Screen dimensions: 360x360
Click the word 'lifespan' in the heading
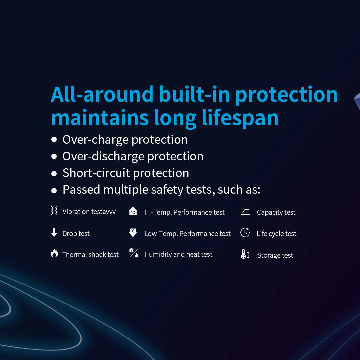pos(240,118)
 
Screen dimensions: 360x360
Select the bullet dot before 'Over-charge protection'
pos(54,139)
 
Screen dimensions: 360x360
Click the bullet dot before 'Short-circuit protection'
pos(54,174)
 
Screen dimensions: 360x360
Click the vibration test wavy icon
pos(54,210)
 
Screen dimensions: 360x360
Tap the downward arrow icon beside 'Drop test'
pos(54,232)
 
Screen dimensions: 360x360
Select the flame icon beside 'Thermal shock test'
pos(54,253)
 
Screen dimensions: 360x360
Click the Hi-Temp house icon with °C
pos(133,211)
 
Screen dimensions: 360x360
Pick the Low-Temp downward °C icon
pos(133,233)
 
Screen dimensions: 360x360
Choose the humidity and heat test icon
pos(134,253)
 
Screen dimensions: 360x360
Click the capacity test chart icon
pos(245,211)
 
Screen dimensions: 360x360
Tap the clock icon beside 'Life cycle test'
pos(245,232)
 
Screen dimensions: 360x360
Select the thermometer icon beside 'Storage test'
pos(245,254)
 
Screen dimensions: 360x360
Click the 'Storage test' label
pos(275,255)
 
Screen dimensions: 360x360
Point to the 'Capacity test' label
pos(276,212)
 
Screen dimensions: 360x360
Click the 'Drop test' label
pos(76,234)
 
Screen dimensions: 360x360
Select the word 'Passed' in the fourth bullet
pos(81,190)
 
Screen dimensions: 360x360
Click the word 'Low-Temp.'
pos(161,234)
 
